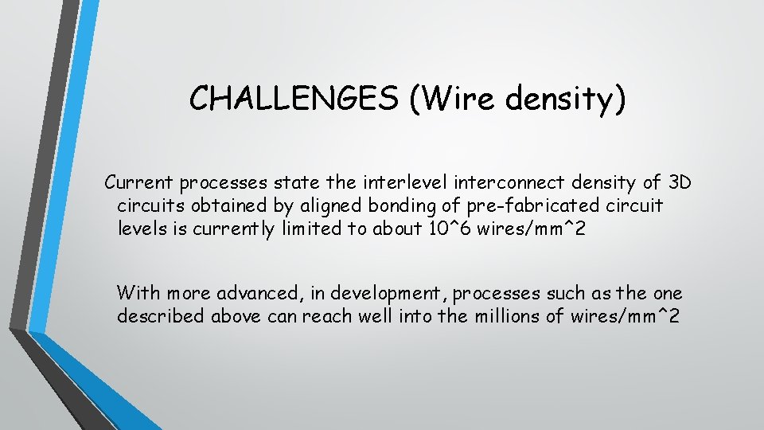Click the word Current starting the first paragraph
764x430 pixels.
139,183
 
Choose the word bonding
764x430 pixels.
403,206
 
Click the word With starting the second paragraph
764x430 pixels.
138,293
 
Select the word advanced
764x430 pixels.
259,293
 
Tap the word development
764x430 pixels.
382,293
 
